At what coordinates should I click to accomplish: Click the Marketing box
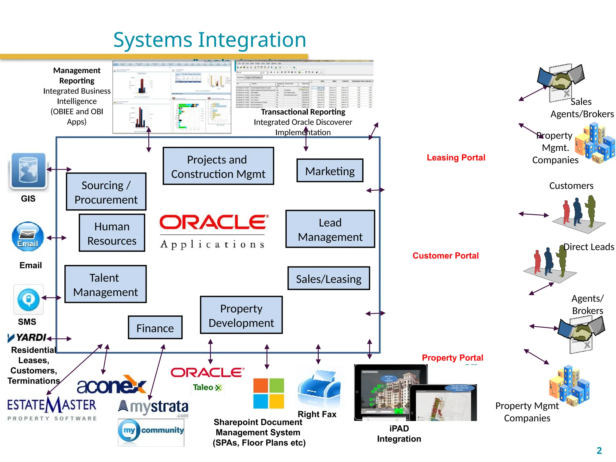coord(330,171)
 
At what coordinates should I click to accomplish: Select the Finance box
coord(155,328)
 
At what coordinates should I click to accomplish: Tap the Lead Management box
coord(330,229)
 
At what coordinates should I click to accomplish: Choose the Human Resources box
coord(112,233)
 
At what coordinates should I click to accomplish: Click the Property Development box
coord(241,315)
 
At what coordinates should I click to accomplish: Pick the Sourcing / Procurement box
coord(106,192)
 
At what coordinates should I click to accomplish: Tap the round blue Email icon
coord(28,237)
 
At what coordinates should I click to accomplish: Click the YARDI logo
coord(27,337)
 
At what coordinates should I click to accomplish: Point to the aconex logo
coord(111,385)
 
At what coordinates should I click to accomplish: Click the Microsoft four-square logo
coord(268,393)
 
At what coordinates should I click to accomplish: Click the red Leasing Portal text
coord(456,158)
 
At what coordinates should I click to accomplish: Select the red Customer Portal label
coord(445,256)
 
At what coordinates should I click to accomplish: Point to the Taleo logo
coord(208,387)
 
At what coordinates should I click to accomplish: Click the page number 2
coord(599,450)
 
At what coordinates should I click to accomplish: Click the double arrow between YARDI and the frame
coord(59,339)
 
